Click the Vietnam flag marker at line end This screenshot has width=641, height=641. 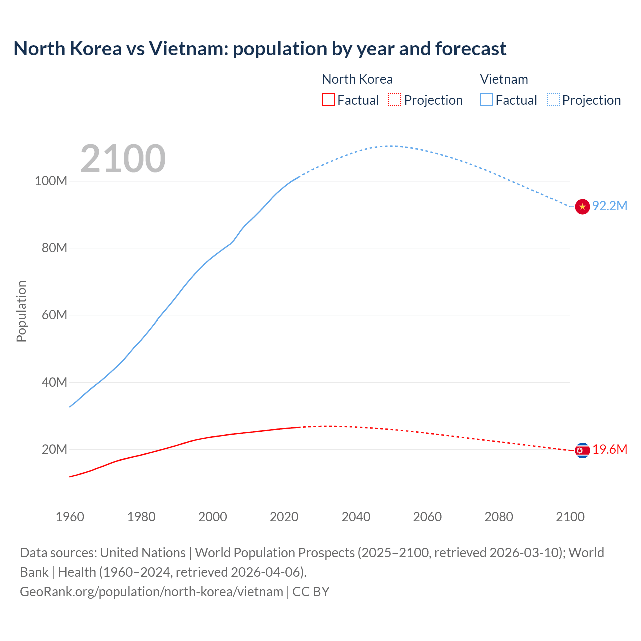click(582, 206)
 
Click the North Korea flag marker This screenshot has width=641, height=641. click(582, 451)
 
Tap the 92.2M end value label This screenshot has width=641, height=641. click(610, 206)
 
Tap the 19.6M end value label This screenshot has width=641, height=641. click(610, 449)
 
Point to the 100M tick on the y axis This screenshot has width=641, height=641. click(51, 181)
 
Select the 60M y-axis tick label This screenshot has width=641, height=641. click(54, 315)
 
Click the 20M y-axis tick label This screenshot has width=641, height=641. click(54, 449)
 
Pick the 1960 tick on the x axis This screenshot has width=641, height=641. click(70, 517)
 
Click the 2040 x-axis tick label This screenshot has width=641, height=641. click(356, 517)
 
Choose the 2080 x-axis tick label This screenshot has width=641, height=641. click(499, 517)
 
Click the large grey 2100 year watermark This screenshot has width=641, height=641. click(123, 159)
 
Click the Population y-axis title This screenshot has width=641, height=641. click(21, 311)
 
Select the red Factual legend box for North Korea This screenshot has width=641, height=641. click(328, 100)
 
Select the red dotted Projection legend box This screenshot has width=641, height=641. click(395, 100)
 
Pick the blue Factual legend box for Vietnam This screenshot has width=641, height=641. click(486, 100)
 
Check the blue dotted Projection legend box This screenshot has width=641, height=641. click(553, 100)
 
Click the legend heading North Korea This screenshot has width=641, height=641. click(357, 79)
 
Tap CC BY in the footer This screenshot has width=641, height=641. click(310, 592)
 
